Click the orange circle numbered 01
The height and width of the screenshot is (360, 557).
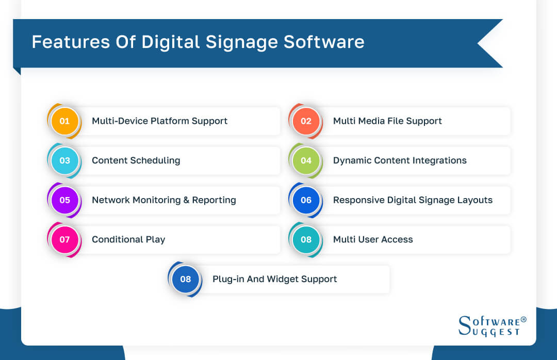click(64, 121)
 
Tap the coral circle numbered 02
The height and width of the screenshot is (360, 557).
click(306, 121)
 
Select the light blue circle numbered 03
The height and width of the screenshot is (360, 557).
click(64, 160)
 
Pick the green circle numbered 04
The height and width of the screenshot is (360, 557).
click(306, 160)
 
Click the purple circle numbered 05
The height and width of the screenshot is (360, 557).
click(64, 200)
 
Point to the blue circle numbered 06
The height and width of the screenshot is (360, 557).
click(306, 200)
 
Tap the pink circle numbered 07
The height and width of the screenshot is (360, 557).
click(64, 240)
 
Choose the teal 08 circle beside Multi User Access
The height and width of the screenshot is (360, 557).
click(306, 240)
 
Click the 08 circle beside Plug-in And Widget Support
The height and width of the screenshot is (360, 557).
click(185, 279)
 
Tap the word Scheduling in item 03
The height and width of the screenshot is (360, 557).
click(155, 160)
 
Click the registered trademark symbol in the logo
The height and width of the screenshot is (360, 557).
click(523, 320)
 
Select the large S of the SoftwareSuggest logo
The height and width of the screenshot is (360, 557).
click(465, 324)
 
